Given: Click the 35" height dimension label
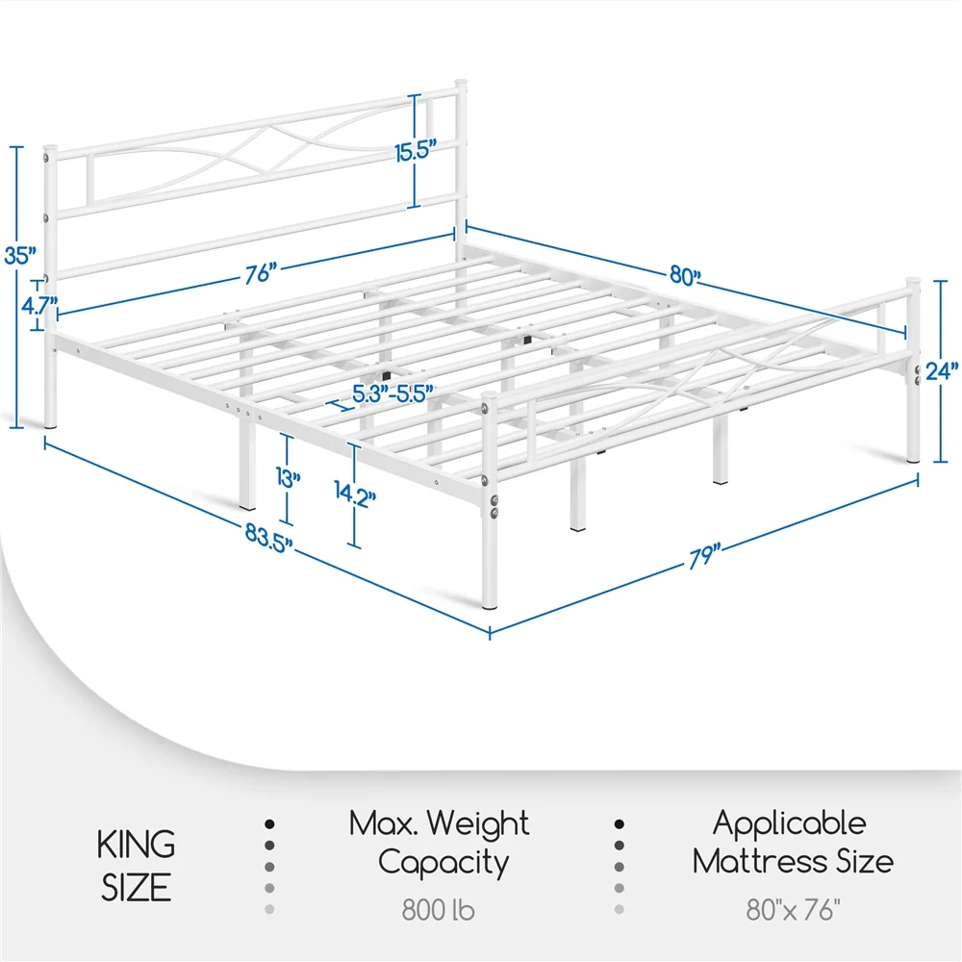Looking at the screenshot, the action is coord(20,255).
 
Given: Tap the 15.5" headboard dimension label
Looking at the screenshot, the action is coord(416,151).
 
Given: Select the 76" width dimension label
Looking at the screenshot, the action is coord(260,273).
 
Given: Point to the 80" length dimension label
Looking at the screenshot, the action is coord(685,276).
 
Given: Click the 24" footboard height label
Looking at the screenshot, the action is coord(942,371).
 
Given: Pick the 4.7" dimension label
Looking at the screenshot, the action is coord(39,305).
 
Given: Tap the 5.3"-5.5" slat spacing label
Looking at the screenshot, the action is coord(393,393).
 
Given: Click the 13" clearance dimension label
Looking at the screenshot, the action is coord(288,478).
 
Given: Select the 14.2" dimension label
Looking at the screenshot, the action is coord(355,494).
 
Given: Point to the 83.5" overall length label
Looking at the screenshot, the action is coord(268,539).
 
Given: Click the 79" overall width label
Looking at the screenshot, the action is coord(704,557).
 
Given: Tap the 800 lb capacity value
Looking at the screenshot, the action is coord(438,910).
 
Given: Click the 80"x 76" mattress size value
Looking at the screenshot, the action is coord(793,910).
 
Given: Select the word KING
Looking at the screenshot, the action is coord(137,845).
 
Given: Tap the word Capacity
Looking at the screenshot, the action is coord(443,863).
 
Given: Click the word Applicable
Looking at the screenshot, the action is coord(790,823).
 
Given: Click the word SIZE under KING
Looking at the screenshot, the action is coord(137,888).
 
